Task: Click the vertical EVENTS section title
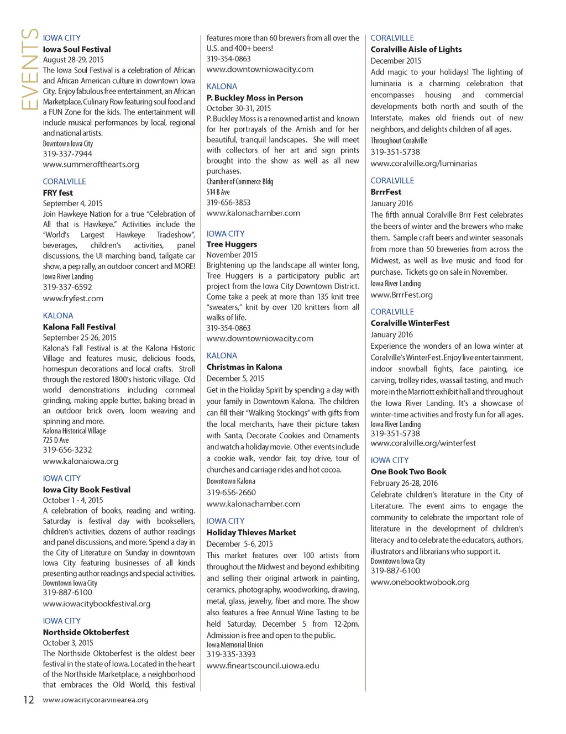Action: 29,69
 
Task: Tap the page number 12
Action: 28,700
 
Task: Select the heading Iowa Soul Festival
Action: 77,49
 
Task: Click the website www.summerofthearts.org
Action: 91,164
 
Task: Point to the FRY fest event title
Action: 58,192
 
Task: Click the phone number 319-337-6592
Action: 67,287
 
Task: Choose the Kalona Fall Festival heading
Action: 79,327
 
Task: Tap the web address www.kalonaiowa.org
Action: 81,461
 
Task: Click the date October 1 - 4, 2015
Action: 73,500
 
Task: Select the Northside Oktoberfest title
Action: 86,632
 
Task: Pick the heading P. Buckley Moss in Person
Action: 255,97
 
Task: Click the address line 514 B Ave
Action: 218,192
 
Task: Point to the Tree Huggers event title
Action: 232,244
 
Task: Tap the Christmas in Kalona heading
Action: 244,366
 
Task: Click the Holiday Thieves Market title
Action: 251,532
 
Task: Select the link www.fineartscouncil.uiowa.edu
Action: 263,665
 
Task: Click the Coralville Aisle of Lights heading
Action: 416,49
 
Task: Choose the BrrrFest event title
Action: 386,192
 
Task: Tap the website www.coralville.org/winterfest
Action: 423,443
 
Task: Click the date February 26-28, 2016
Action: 404,483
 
